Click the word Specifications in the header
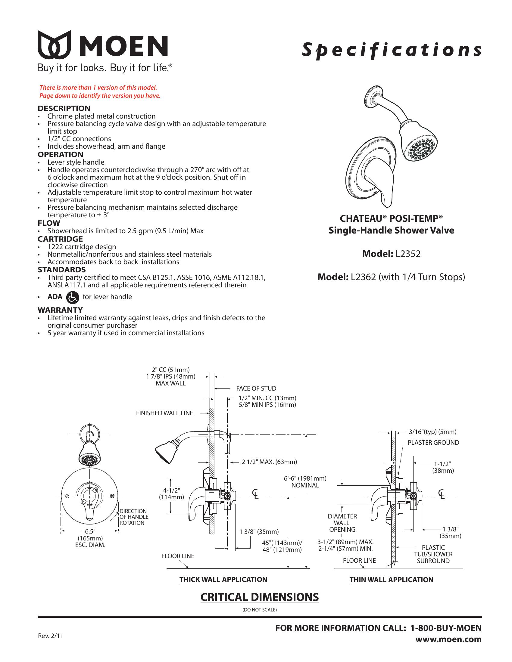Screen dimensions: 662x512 coord(391,50)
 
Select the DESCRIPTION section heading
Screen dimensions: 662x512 coord(64,108)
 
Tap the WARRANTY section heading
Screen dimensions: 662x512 coord(60,310)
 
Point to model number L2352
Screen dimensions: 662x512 coord(408,254)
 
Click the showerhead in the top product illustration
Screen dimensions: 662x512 coord(418,145)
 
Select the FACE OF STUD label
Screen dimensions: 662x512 coord(256,388)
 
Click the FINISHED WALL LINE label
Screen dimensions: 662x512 coord(164,413)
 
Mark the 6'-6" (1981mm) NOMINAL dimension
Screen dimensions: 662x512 coord(305,482)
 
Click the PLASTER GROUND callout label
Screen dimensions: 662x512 coord(433,443)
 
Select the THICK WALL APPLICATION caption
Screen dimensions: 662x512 coord(223,580)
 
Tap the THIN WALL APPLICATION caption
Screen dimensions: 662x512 coord(391,580)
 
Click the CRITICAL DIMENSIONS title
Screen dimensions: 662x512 coord(259,597)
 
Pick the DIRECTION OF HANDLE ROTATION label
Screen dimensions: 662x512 coord(134,517)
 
